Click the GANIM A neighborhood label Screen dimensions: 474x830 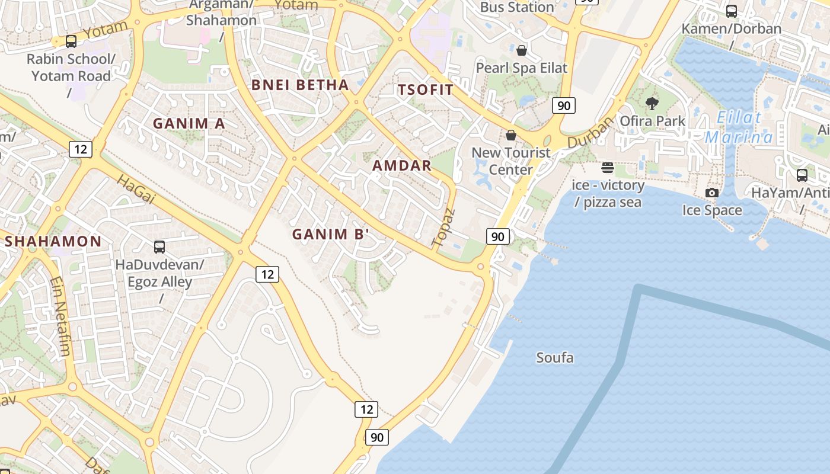pos(189,123)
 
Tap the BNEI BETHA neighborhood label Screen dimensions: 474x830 pos(300,85)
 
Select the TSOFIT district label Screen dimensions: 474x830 pos(425,90)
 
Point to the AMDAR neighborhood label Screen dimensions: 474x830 pos(402,166)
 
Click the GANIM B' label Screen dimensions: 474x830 pos(331,234)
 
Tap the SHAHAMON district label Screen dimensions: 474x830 pos(53,241)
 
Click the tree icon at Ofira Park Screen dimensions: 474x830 pos(652,104)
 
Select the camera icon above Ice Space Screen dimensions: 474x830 pos(712,193)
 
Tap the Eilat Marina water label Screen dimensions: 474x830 pos(739,127)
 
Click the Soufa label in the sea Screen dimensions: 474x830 pos(555,357)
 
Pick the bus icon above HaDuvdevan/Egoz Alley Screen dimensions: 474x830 pos(159,247)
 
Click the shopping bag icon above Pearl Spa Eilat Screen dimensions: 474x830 pos(522,50)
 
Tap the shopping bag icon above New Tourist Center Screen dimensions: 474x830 pos(511,135)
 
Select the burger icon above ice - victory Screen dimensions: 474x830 pos(608,168)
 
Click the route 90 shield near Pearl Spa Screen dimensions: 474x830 pos(564,105)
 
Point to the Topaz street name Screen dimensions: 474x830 pos(443,228)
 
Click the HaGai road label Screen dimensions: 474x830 pos(135,189)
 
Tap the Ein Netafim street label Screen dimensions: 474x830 pos(60,317)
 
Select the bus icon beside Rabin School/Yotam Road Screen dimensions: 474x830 pos(71,41)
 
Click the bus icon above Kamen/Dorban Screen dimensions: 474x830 pos(732,11)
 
